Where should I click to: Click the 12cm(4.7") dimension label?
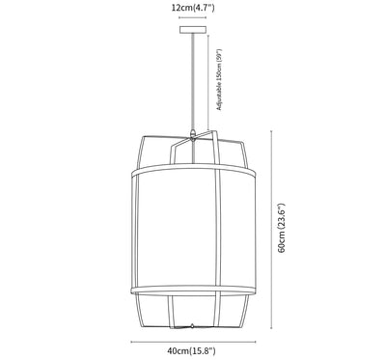(193, 8)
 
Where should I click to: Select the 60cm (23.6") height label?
(282, 228)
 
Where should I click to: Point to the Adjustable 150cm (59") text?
(219, 80)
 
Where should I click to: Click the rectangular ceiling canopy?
(193, 30)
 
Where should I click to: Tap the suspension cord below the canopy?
(193, 81)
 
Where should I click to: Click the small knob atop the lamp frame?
(193, 132)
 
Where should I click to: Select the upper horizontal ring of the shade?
(193, 170)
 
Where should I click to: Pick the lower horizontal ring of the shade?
(193, 291)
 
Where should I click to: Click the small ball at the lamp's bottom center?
(192, 326)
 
